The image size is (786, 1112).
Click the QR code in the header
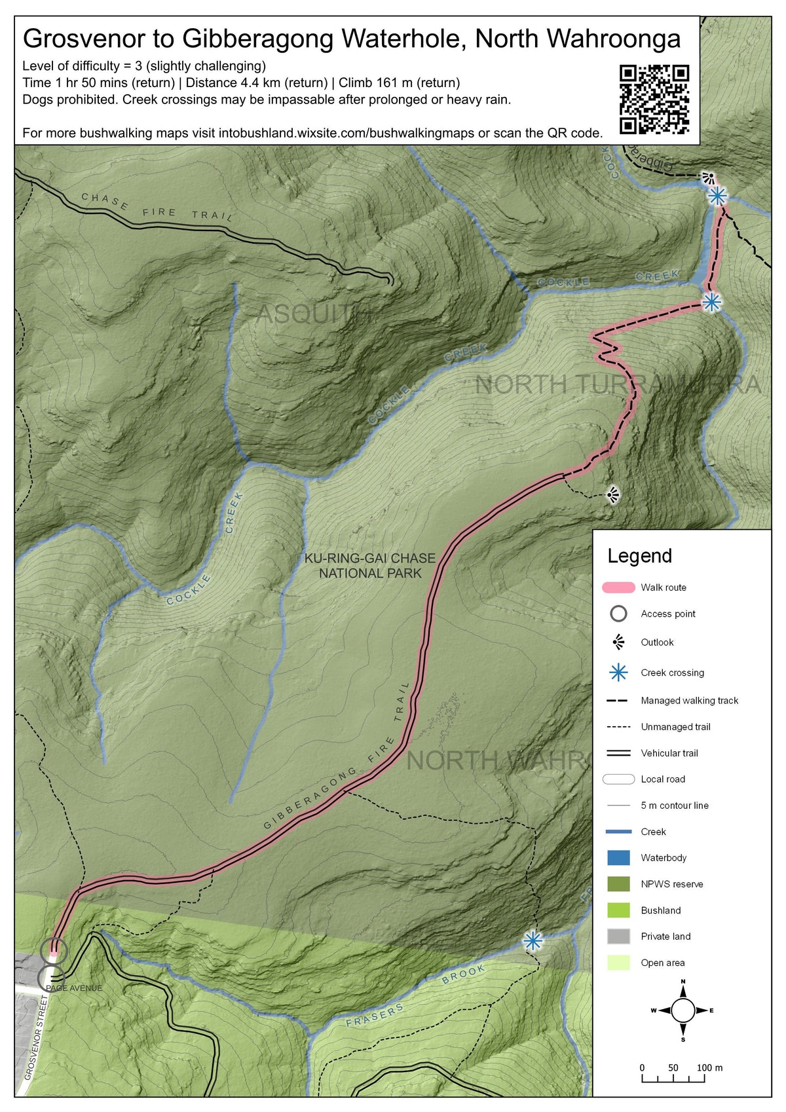coord(654,99)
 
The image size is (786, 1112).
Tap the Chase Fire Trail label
coord(157,207)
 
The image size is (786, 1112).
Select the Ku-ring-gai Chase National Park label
coord(369,566)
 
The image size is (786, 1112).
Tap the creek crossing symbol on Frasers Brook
coord(533,941)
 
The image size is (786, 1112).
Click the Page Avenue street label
coord(74,988)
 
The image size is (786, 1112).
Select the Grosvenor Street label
coord(37,1037)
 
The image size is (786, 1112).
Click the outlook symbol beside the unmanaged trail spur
coord(613,495)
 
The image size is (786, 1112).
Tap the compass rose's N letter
coord(683,981)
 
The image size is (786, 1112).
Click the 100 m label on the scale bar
coord(709,1068)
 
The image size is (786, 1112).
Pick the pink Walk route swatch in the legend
coord(618,587)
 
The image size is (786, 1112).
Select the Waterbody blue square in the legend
coord(618,858)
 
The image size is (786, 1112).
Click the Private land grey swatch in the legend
coord(618,936)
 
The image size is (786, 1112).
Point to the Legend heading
coord(639,556)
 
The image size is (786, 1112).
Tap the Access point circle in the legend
coord(618,614)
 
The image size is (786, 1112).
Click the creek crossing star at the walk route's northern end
coord(717,195)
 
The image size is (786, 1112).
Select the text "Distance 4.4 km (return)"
coord(257,83)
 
